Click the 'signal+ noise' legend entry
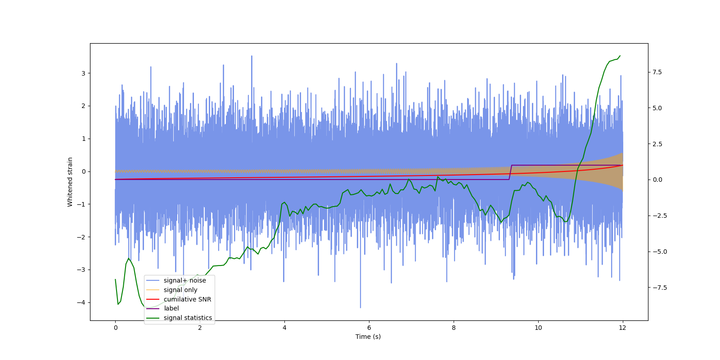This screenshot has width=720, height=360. point(184,280)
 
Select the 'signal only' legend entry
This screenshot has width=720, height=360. point(180,290)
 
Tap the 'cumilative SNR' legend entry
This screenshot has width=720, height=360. point(187,299)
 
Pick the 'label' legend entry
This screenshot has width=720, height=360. point(171,308)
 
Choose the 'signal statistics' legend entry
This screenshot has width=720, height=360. point(188,318)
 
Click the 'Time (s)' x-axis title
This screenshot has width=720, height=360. point(368,337)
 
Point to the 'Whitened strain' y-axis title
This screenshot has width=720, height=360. point(70,182)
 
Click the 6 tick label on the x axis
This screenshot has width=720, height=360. point(369,328)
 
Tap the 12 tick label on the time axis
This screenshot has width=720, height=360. point(622,328)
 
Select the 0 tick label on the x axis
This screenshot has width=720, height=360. point(116,328)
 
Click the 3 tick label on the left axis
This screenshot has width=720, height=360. point(83,73)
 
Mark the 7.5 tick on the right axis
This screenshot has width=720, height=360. point(657,72)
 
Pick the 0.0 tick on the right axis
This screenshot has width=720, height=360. point(657,180)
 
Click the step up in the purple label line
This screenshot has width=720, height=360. point(510,172)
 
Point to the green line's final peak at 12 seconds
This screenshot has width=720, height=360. point(620,56)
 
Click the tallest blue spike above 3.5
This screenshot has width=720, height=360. point(252,56)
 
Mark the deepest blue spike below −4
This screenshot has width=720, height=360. point(360,307)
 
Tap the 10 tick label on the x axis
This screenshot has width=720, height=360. point(538,328)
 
